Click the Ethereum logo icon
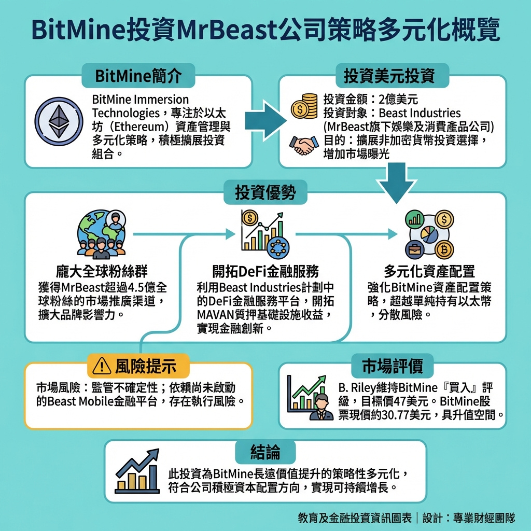click(58, 120)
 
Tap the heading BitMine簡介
click(138, 76)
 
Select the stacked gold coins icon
click(304, 106)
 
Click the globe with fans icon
click(102, 234)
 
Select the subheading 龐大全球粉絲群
click(101, 271)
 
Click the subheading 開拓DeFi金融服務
click(265, 271)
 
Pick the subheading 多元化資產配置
click(429, 271)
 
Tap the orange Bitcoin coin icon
click(444, 250)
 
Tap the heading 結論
click(265, 452)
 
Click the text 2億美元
click(397, 99)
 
